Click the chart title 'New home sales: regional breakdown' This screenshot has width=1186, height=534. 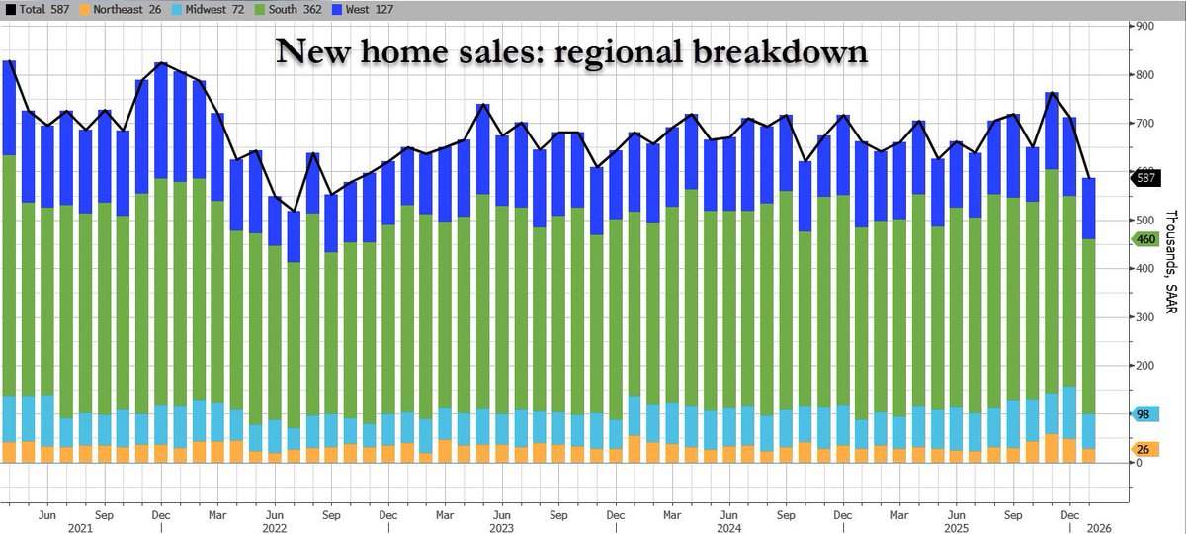571,51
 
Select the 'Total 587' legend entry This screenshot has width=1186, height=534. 37,10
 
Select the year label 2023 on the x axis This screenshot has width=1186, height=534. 502,526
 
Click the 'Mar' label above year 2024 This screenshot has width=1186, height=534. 671,514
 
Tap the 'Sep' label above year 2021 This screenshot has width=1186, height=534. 104,514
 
